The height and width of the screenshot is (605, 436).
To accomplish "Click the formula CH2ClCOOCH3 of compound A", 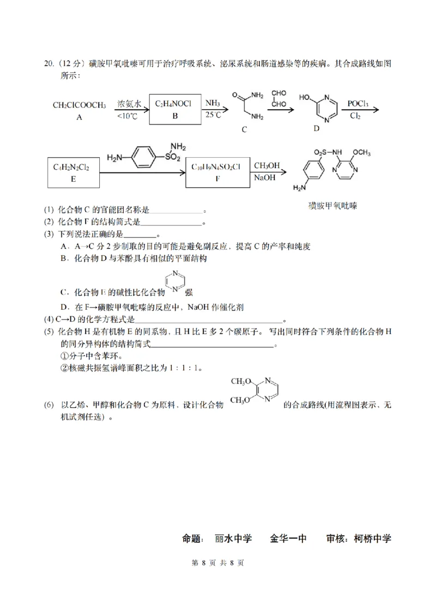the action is pos(79,105).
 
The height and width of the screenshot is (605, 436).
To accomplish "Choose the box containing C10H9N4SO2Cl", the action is pos(217,172).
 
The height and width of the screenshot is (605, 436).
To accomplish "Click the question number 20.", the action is pos(48,63).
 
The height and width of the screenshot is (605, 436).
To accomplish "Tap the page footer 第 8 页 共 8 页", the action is pos(217,563).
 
